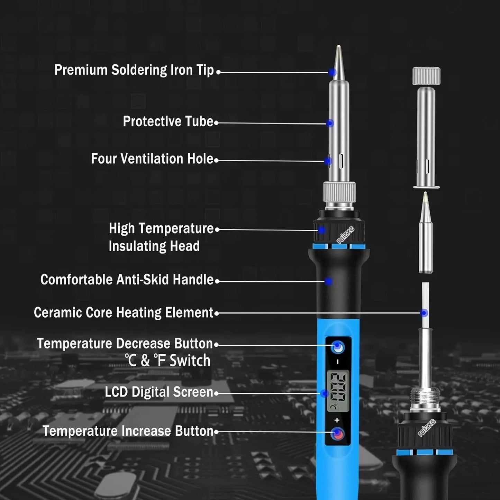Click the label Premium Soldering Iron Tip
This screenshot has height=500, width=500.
click(134, 70)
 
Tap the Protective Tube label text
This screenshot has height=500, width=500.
click(168, 121)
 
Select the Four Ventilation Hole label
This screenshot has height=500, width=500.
click(152, 159)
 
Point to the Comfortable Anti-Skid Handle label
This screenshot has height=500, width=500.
click(127, 280)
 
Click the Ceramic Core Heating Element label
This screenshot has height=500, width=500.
click(124, 312)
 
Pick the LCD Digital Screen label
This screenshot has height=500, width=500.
click(159, 392)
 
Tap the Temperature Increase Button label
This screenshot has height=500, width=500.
click(128, 431)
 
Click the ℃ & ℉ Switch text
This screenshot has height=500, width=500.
click(168, 360)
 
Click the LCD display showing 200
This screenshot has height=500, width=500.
click(337, 391)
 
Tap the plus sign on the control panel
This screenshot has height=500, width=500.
click(337, 420)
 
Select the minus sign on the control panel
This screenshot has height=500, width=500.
click(337, 362)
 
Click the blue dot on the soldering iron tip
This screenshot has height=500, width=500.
click(332, 72)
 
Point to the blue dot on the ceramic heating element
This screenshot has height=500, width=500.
click(424, 313)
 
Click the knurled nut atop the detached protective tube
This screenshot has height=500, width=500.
click(426, 76)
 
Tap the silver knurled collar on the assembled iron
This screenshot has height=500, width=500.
click(339, 192)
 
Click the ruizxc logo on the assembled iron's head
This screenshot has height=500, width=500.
click(346, 235)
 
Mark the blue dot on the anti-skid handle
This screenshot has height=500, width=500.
click(328, 281)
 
